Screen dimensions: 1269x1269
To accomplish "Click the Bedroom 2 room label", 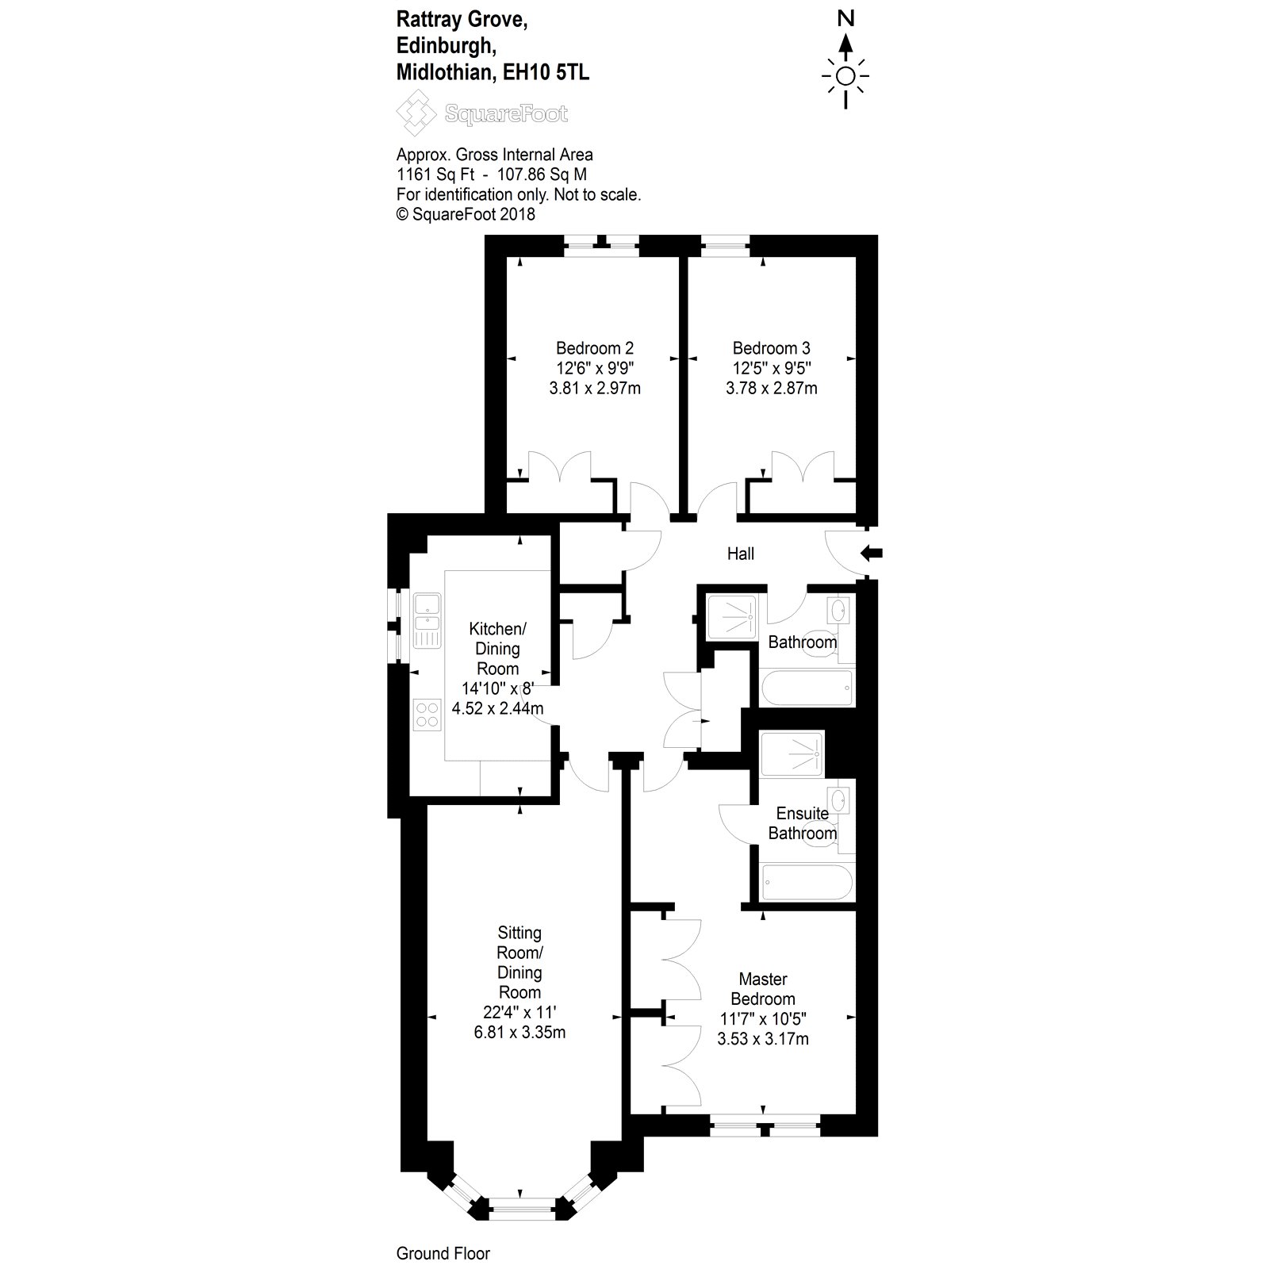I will [x=594, y=348].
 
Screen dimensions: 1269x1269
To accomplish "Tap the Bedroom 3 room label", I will [x=771, y=348].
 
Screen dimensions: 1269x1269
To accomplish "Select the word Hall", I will [x=741, y=554].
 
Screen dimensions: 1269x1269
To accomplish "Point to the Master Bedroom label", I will [x=762, y=989].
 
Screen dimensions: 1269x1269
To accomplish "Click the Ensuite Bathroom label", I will [x=802, y=823].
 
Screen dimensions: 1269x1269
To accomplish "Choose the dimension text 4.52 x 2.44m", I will [x=497, y=707].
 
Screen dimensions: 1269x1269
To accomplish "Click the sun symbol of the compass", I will [x=846, y=76].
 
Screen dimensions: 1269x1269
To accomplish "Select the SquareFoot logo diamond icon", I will [x=416, y=113].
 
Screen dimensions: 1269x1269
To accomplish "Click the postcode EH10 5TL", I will [x=546, y=73].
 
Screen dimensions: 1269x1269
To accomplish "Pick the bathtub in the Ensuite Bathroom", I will [x=806, y=882].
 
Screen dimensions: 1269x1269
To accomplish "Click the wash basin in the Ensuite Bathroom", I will [x=838, y=802].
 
